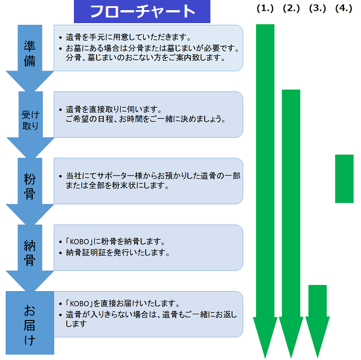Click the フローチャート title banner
click(142, 11)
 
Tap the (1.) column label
click(265, 8)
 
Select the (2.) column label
click(291, 8)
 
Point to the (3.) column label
click(318, 8)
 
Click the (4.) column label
click(344, 8)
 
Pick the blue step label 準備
click(30, 54)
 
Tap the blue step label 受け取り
click(30, 120)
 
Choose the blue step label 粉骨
click(30, 186)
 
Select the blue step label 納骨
click(30, 253)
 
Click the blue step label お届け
click(30, 325)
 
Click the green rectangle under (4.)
click(344, 179)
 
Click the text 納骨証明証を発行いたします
click(117, 253)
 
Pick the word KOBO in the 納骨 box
click(79, 242)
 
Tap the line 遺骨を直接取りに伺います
click(114, 109)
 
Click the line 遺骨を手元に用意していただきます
click(128, 37)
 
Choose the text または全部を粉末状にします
click(117, 186)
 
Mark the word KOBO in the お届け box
click(79, 304)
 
